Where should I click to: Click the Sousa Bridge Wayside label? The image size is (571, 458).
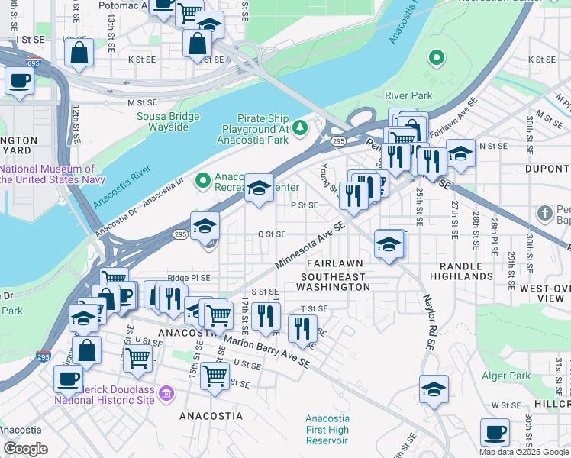click(168, 121)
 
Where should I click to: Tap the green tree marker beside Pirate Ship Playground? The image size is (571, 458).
click(300, 126)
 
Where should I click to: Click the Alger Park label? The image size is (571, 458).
click(505, 376)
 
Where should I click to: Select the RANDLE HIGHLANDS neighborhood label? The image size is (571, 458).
click(461, 269)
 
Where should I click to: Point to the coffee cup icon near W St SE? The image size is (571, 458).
click(495, 432)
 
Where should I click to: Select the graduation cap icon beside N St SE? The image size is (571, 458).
click(460, 153)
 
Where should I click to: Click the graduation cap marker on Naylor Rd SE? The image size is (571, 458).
click(434, 389)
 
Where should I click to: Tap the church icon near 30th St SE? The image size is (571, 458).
click(544, 211)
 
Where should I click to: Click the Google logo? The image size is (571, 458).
click(25, 449)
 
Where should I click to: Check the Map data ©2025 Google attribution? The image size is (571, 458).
click(524, 452)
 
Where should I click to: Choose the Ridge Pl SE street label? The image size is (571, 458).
click(189, 279)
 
